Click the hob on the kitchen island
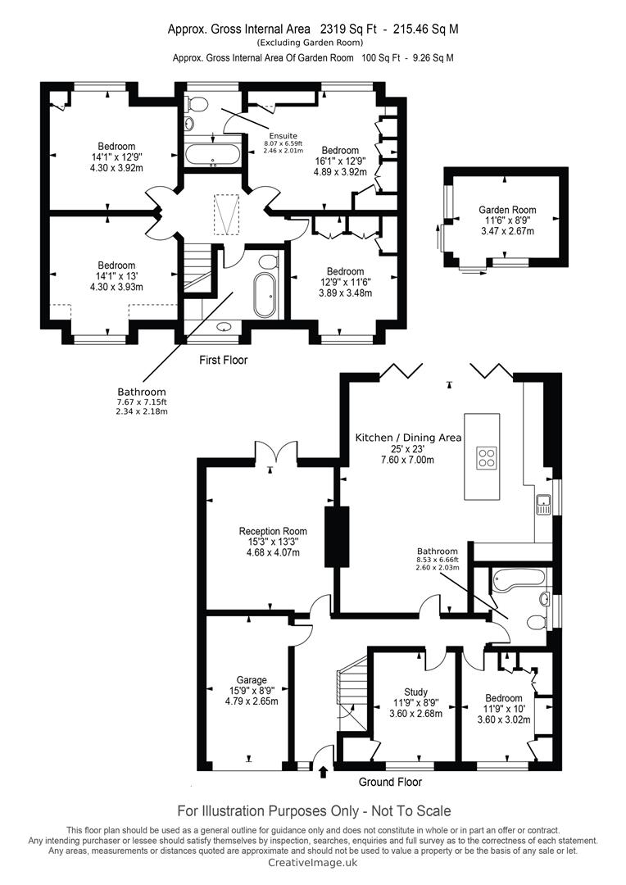[x=486, y=458]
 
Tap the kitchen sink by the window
[x=543, y=504]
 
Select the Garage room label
[x=252, y=681]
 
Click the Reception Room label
[x=273, y=531]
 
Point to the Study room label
[x=415, y=692]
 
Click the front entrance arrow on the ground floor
[x=324, y=772]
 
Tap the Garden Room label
[x=507, y=210]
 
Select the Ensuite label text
[x=283, y=136]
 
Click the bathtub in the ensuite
[x=213, y=155]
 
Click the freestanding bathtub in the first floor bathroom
[x=265, y=295]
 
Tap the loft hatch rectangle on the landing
[x=227, y=214]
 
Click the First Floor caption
[x=223, y=360]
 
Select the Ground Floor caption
[x=390, y=782]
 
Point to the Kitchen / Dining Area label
[x=408, y=438]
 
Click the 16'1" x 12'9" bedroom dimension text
[x=340, y=161]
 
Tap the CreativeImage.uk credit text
[x=312, y=862]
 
